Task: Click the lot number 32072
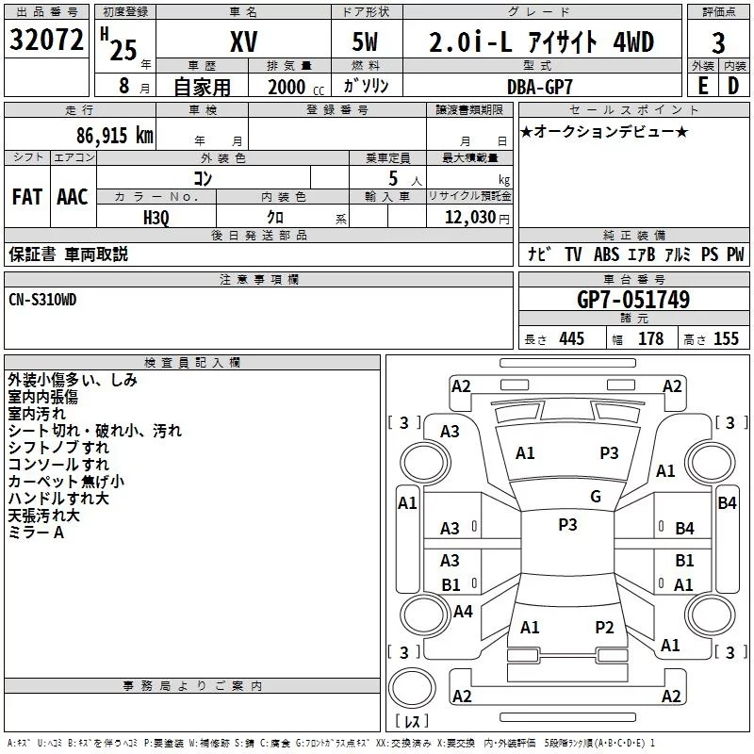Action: coord(46,40)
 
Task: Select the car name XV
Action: coord(244,41)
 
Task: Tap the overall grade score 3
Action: coord(718,43)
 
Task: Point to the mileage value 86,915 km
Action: coord(115,135)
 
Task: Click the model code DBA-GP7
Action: coord(540,87)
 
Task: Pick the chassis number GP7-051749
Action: coord(633,300)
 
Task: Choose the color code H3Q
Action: coord(156,218)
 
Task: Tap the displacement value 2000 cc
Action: coord(296,87)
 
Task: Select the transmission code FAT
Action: coord(27,197)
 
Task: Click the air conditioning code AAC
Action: coord(73,197)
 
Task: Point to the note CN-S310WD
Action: coord(42,300)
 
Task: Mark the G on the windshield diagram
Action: coord(596,497)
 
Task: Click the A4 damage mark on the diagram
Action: coord(463,611)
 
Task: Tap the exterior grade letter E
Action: coord(702,86)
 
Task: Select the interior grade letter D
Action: coord(733,86)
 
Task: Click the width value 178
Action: coord(651,338)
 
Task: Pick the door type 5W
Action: coord(365,41)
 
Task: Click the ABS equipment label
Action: coord(606,254)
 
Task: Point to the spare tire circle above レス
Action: coord(412,688)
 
